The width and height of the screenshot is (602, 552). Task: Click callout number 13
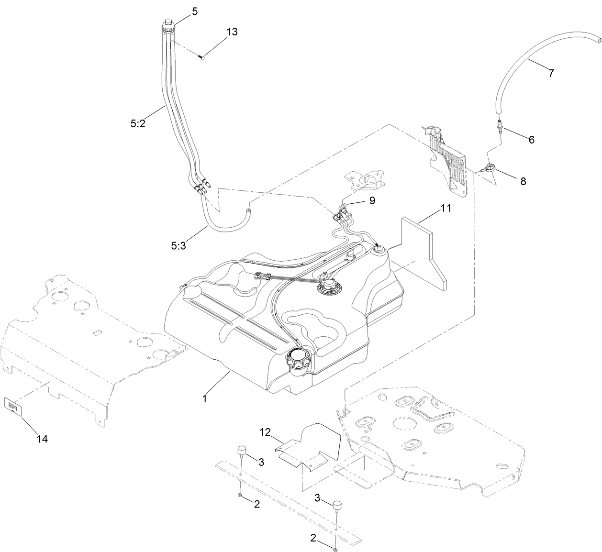[232, 32]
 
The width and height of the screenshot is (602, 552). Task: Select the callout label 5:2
[138, 123]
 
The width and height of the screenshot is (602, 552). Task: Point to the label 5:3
[179, 246]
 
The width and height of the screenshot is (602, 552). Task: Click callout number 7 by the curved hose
[551, 73]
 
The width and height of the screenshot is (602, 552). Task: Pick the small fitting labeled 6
[499, 125]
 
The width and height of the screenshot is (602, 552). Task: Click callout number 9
[372, 200]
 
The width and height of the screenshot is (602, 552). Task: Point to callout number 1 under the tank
[204, 398]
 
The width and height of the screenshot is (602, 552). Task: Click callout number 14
[43, 439]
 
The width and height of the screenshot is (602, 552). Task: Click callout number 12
[266, 432]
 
